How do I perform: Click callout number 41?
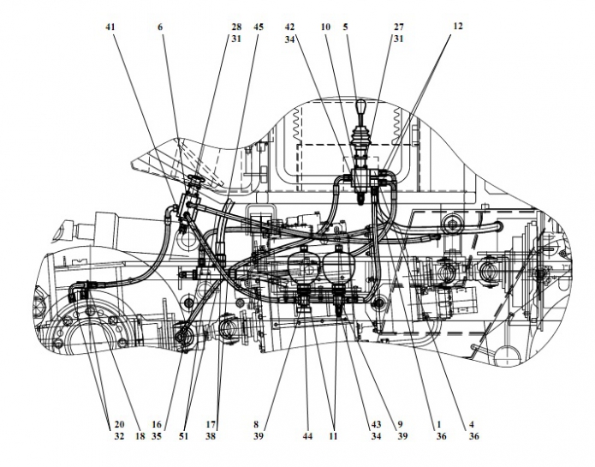click(110, 27)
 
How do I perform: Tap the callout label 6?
click(159, 27)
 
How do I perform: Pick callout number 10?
click(326, 27)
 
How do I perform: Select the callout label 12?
click(458, 27)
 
